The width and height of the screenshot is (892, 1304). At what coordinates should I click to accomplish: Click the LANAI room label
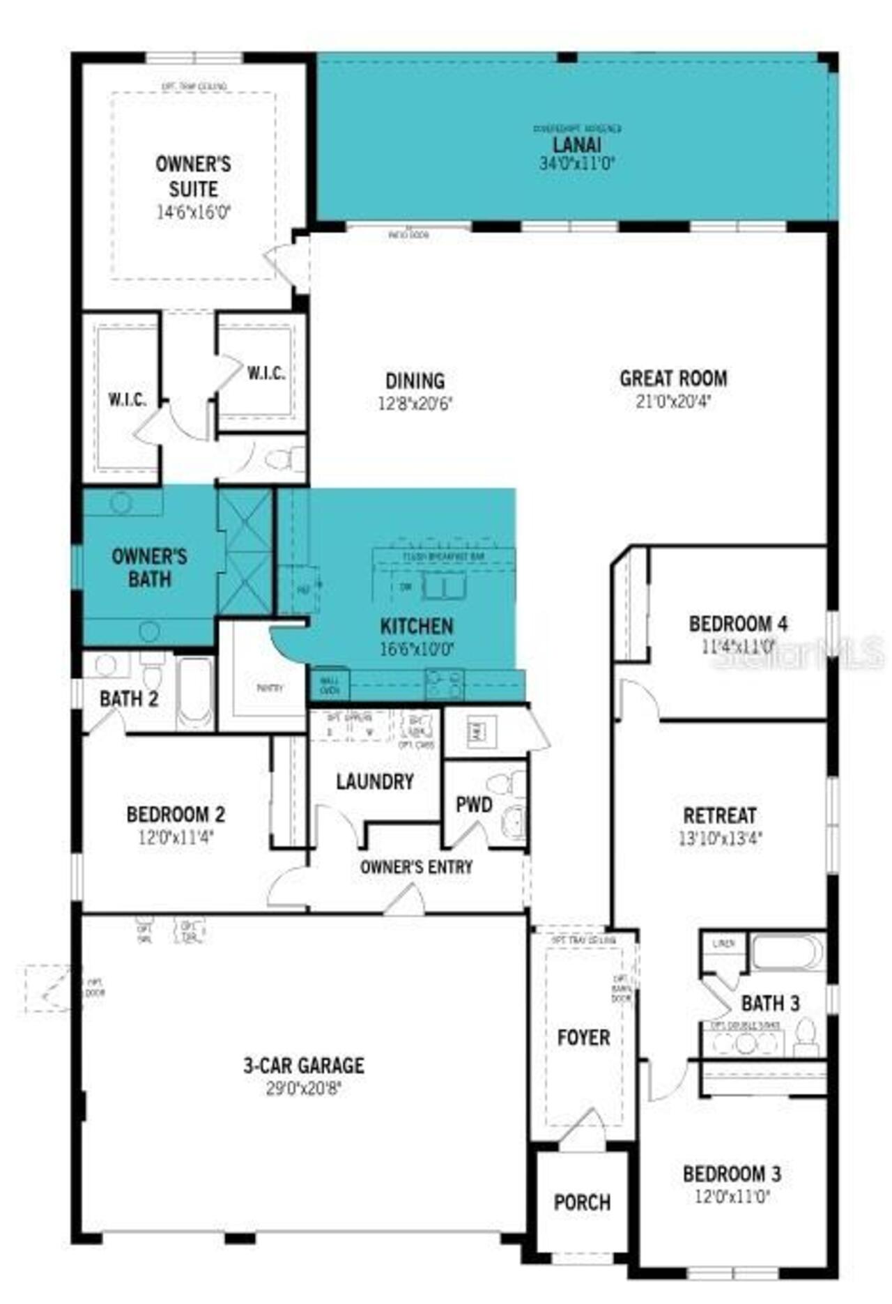[x=576, y=145]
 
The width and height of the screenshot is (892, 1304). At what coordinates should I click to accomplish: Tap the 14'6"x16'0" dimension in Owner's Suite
[x=193, y=213]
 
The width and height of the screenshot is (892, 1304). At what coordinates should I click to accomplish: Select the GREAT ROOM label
[x=673, y=378]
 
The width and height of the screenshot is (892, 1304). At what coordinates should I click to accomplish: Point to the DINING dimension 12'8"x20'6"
[x=415, y=404]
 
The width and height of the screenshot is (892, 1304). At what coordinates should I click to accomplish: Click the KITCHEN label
[x=416, y=625]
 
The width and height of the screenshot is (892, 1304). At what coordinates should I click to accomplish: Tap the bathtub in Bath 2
[x=195, y=692]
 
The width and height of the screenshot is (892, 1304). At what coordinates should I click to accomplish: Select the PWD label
[x=474, y=805]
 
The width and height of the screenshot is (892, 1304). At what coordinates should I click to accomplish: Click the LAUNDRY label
[x=375, y=781]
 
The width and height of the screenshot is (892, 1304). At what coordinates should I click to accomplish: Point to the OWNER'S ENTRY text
[x=416, y=867]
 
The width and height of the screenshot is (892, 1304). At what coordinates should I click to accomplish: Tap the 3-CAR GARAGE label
[x=303, y=1065]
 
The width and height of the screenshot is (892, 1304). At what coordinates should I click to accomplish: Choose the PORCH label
[x=582, y=1202]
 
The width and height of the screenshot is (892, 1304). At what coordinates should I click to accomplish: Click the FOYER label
[x=583, y=1037]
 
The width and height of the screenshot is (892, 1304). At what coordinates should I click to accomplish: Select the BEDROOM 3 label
[x=732, y=1174]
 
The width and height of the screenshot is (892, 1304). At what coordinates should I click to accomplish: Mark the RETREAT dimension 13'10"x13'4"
[x=720, y=838]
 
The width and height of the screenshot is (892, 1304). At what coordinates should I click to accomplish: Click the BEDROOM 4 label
[x=738, y=623]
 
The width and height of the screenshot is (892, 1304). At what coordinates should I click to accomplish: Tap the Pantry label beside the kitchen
[x=270, y=688]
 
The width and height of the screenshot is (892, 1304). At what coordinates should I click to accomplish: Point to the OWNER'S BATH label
[x=149, y=567]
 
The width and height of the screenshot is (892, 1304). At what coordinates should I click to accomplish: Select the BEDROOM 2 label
[x=176, y=814]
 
